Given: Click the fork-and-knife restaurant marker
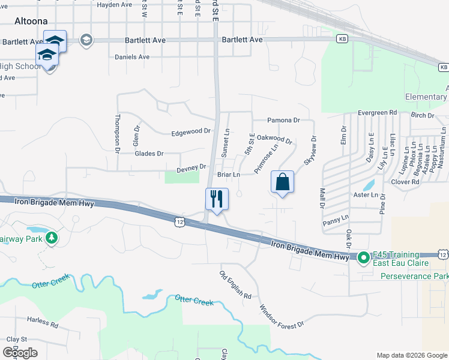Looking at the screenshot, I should click(217, 199).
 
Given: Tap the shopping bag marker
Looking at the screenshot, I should click(282, 182).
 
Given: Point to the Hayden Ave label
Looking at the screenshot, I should click(114, 4).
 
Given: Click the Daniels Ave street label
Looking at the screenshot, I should click(132, 58).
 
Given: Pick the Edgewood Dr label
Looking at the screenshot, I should click(191, 131).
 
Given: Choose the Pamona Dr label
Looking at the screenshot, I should click(283, 120).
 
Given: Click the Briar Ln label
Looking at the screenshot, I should click(228, 175).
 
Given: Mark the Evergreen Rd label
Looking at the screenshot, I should click(377, 112).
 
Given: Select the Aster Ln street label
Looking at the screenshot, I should click(366, 194).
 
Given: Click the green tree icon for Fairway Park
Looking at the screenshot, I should click(52, 238).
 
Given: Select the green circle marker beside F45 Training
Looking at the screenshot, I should click(363, 259).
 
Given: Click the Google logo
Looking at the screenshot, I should click(20, 353).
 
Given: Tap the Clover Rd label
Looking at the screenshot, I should click(405, 181).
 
